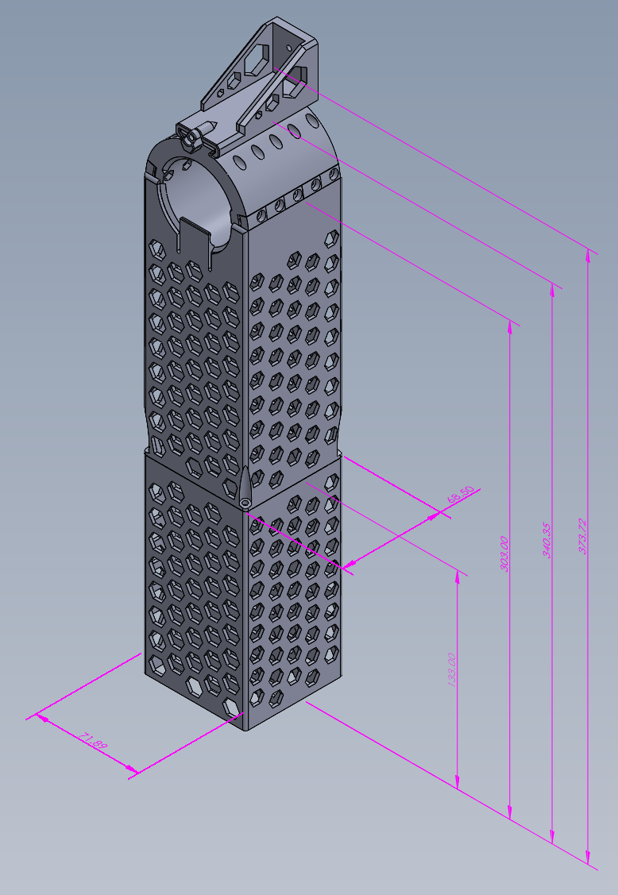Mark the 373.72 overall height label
click(582, 536)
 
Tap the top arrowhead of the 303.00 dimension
click(509, 324)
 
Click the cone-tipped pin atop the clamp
click(209, 128)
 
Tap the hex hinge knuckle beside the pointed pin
click(189, 139)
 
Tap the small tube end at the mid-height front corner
click(245, 503)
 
